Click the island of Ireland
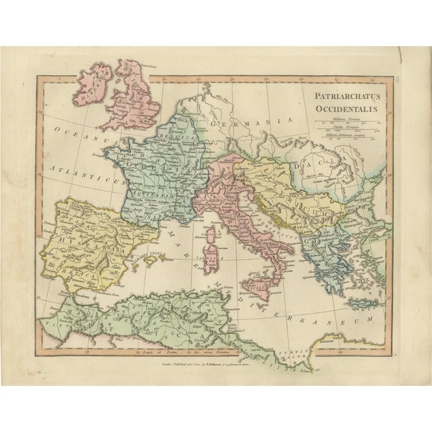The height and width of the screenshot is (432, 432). (x=93, y=84)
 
